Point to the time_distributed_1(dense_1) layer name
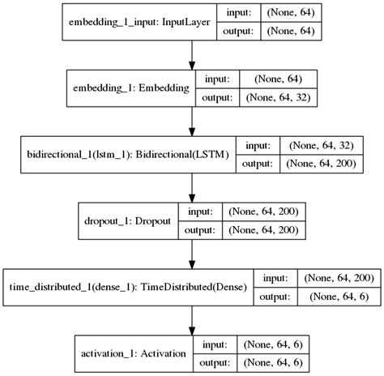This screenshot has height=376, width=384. (x=127, y=286)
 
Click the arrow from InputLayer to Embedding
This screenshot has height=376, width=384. (x=192, y=55)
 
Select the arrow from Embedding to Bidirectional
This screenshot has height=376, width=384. (x=192, y=121)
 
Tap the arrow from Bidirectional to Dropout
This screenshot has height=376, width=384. (x=192, y=186)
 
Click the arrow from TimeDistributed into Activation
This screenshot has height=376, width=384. (x=192, y=318)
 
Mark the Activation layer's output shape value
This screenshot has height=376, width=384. (x=272, y=361)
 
